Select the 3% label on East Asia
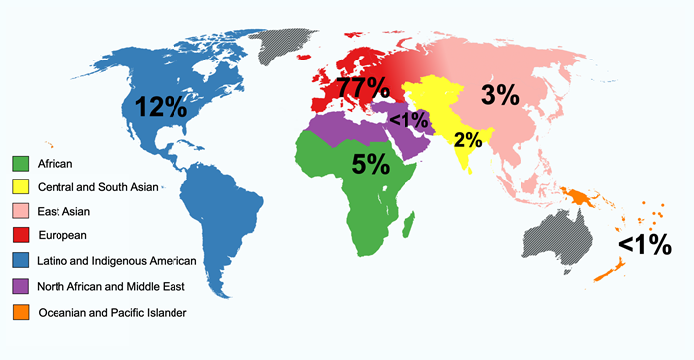tap(500, 96)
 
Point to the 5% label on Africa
tap(370, 165)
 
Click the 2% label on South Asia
tap(466, 140)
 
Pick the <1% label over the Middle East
tap(408, 120)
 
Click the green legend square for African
tap(20, 162)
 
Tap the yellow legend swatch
tap(20, 186)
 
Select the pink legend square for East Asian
tap(20, 211)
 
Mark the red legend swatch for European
tap(20, 236)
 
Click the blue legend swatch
tap(20, 261)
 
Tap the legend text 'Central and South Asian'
tap(98, 186)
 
